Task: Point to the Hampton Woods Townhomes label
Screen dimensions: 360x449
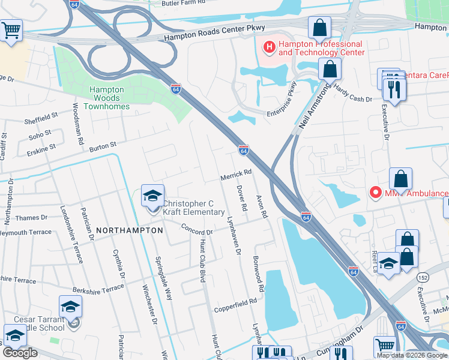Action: (106, 94)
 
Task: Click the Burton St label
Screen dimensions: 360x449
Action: (103, 146)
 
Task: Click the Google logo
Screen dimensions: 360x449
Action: (20, 352)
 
